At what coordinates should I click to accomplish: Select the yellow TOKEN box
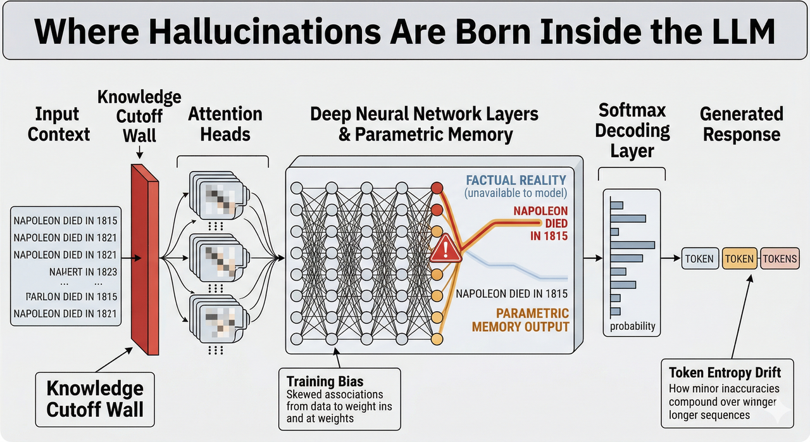click(x=739, y=258)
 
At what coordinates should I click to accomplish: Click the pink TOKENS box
click(x=780, y=258)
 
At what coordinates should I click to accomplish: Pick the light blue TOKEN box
click(x=699, y=258)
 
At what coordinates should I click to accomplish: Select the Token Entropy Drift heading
click(x=725, y=372)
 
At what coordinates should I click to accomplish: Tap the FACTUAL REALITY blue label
click(x=516, y=180)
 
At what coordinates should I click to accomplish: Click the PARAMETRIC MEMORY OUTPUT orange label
click(x=521, y=320)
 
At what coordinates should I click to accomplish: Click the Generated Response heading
click(x=742, y=124)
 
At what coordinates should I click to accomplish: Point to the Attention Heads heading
click(x=225, y=124)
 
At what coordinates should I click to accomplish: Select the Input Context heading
click(x=58, y=124)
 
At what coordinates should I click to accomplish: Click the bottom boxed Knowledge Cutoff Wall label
click(x=95, y=398)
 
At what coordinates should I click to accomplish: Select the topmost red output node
click(x=436, y=187)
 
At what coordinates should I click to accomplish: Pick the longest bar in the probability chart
click(x=632, y=244)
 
